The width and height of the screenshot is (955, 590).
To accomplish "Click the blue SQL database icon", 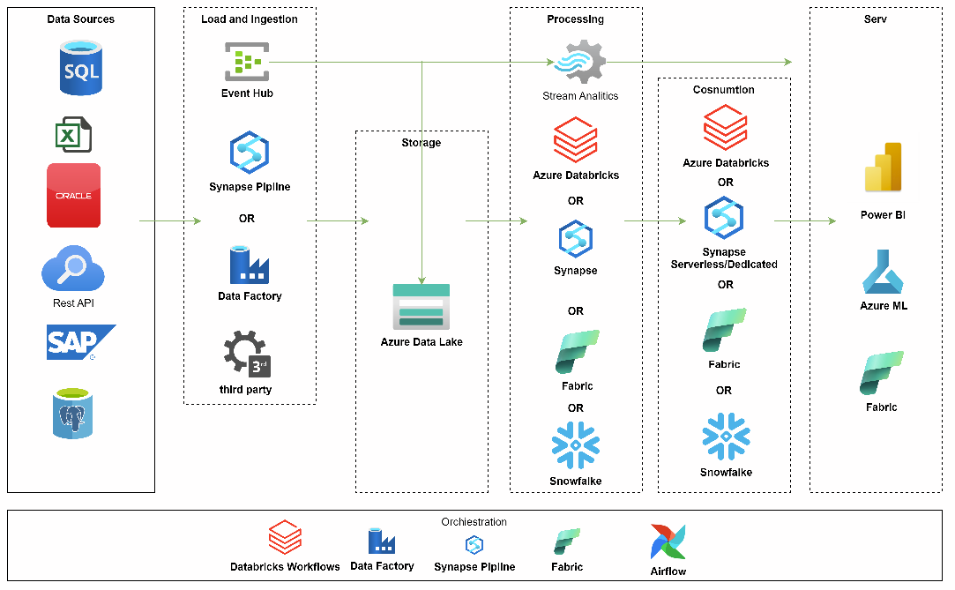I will click(81, 69).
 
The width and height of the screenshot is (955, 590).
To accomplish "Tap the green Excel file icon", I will click(73, 135).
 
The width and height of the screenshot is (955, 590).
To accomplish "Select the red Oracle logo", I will click(74, 195).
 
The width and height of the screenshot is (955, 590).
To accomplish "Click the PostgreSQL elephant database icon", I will click(72, 413).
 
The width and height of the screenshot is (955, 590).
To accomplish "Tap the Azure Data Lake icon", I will click(422, 306).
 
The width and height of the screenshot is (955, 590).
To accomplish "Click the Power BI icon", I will click(883, 168).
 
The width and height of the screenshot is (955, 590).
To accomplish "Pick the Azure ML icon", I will click(884, 272).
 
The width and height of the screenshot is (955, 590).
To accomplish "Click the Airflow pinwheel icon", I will click(668, 541).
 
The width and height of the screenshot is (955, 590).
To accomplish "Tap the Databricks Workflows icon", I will click(285, 538).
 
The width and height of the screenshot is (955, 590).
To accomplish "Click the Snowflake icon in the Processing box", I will click(575, 445).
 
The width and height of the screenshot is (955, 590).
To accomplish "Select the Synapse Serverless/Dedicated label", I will click(724, 258).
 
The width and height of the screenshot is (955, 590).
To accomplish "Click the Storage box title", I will click(422, 143).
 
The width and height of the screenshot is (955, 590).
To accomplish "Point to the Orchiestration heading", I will click(474, 522).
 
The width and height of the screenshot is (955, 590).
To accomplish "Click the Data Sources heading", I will click(81, 19).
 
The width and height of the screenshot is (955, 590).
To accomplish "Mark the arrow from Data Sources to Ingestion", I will click(169, 220).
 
